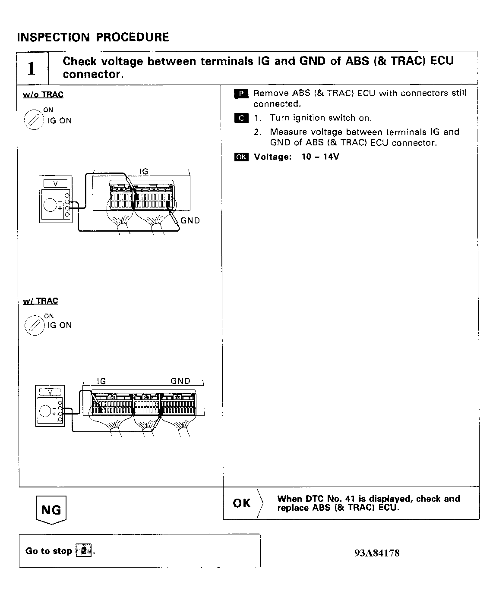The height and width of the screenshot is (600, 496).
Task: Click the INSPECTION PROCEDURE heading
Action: point(93,37)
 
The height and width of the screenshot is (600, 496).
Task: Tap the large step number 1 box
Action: point(32,68)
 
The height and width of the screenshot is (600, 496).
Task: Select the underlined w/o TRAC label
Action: point(43,95)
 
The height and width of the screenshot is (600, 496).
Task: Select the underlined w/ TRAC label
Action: point(41,301)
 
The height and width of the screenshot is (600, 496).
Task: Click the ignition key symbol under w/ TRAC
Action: point(34,325)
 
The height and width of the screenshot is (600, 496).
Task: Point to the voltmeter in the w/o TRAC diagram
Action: point(56,199)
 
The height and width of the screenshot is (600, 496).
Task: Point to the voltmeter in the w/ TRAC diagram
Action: point(50,406)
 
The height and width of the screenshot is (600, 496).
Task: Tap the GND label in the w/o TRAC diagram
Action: point(190,220)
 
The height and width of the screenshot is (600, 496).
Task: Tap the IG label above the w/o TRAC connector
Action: point(143,172)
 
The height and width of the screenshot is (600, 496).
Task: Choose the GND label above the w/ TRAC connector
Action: point(180,381)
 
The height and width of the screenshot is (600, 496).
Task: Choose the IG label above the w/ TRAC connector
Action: point(101,381)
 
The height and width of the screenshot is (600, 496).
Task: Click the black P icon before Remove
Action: point(241,94)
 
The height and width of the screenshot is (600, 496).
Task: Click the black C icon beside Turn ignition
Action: point(241,118)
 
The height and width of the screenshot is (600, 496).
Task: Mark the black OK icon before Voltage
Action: point(241,157)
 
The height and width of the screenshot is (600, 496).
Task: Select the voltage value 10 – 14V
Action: point(320,157)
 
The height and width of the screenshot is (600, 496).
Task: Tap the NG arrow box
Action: point(51,510)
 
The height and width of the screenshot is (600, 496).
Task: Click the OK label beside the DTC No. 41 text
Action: point(242,503)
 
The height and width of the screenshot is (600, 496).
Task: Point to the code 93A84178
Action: point(377,553)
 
